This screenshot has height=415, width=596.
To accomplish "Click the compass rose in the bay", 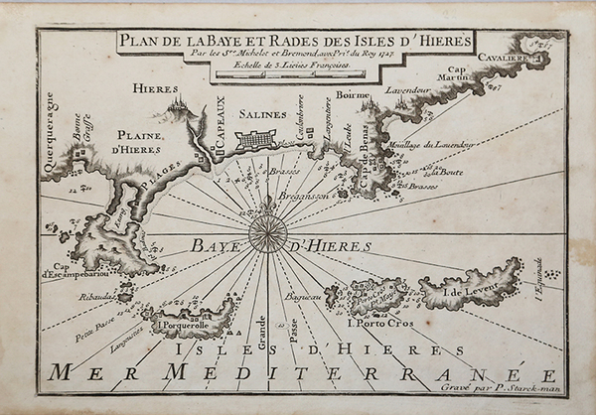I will click(x=267, y=234).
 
